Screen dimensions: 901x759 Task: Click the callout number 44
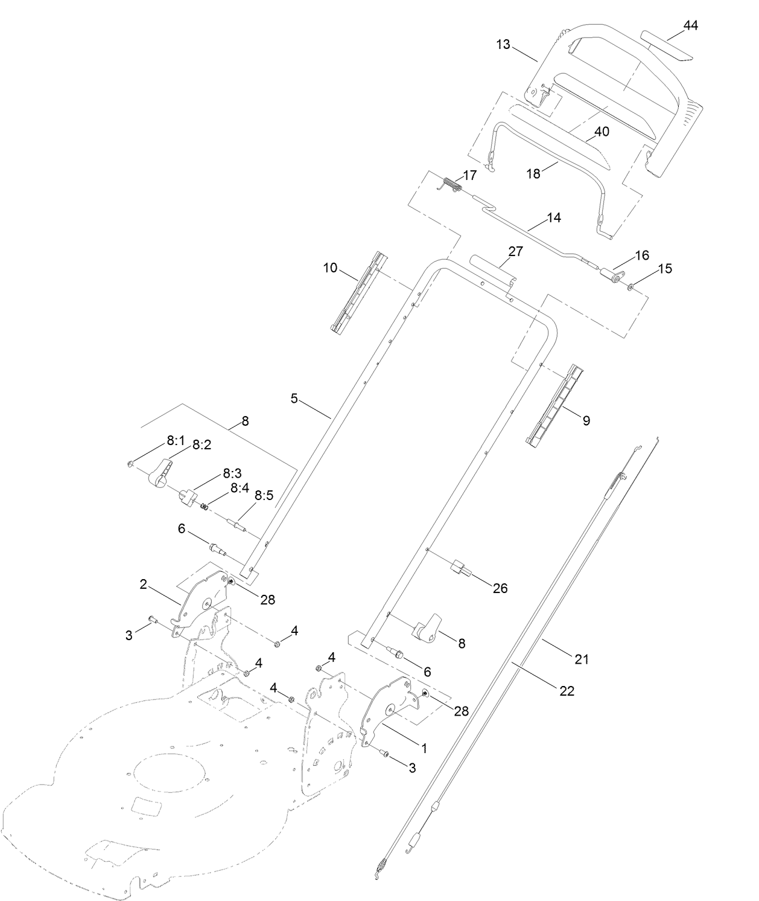click(x=690, y=25)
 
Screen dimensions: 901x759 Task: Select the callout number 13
click(x=503, y=44)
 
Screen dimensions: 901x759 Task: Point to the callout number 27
click(x=515, y=252)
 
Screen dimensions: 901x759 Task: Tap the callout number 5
click(x=294, y=399)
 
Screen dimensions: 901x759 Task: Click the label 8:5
click(x=264, y=495)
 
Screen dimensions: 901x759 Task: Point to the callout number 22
click(x=567, y=690)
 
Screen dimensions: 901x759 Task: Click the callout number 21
click(x=581, y=659)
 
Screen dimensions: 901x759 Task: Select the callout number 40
click(x=602, y=132)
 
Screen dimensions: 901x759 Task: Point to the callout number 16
click(x=642, y=255)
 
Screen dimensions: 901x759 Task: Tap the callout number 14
click(x=553, y=218)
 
